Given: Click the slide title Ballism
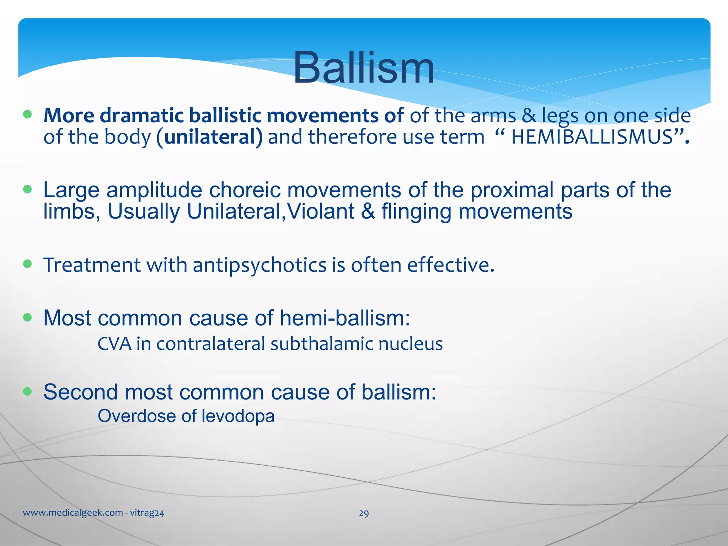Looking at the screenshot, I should [x=363, y=68].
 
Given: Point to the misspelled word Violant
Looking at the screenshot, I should [x=320, y=212].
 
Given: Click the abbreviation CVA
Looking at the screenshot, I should [x=114, y=344].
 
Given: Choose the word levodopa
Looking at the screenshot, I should [x=238, y=416].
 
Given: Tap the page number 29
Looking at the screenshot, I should [x=364, y=513].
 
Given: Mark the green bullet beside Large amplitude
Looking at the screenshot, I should [x=27, y=189].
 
